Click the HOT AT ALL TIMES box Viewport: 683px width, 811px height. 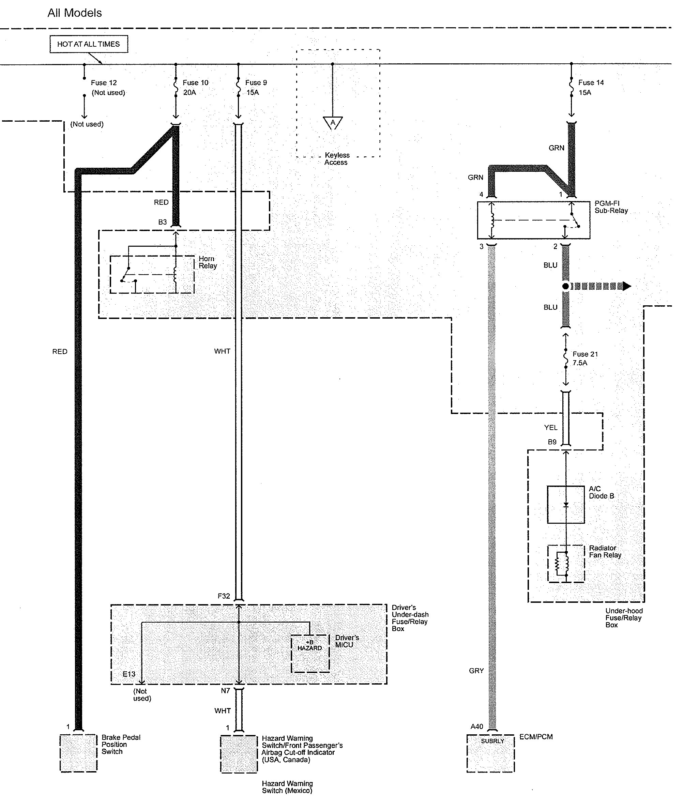[89, 44]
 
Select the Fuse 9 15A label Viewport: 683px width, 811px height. [256, 88]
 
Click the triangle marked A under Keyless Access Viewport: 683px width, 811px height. [333, 123]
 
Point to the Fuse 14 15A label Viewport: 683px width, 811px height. [590, 88]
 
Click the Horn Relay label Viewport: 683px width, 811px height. [208, 262]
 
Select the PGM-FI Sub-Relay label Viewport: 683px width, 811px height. [611, 207]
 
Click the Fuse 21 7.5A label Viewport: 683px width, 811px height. [585, 358]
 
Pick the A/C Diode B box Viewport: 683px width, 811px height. [565, 505]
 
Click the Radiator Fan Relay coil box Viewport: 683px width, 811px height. [565, 564]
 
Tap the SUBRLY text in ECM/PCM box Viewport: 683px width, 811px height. [492, 741]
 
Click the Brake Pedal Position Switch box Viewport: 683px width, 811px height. [78, 753]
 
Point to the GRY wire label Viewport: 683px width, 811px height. [476, 671]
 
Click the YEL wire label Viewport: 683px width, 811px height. [550, 427]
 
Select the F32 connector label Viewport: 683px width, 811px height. [224, 596]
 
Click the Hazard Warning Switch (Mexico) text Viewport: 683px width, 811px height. [287, 787]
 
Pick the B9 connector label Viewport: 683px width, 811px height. [552, 442]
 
